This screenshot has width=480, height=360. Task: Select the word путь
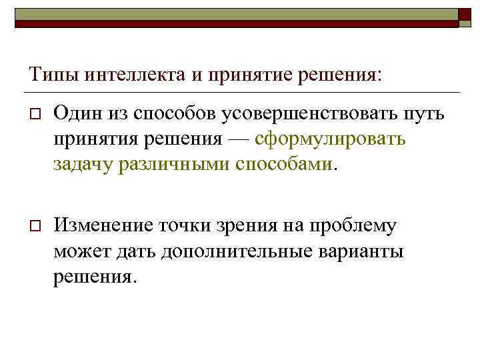(420, 116)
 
